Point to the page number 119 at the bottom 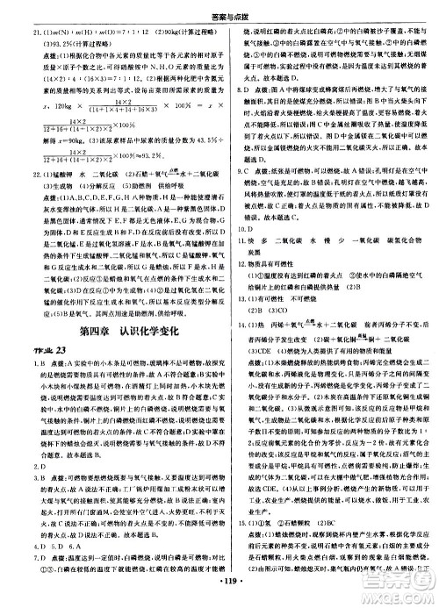coord(219,597)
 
